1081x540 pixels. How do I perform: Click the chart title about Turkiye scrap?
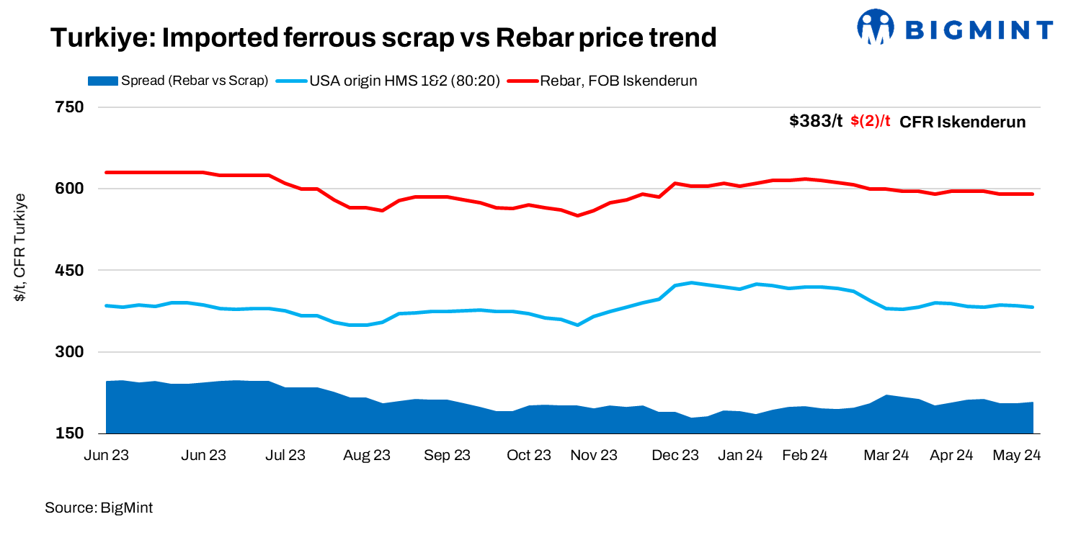(x=383, y=37)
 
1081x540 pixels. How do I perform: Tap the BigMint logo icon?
(x=875, y=27)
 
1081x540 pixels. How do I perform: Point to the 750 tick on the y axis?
(x=70, y=107)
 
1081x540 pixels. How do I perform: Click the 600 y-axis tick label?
(x=70, y=189)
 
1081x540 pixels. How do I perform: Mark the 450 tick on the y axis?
(x=70, y=271)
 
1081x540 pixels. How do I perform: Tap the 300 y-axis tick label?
(x=70, y=352)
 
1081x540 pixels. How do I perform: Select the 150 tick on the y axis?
(x=70, y=433)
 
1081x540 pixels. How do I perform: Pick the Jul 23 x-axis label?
(x=285, y=455)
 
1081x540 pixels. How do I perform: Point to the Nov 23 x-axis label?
(x=594, y=455)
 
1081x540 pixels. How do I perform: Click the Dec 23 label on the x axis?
(x=675, y=455)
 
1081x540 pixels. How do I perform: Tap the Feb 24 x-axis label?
(x=804, y=455)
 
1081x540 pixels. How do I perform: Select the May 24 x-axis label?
(x=1016, y=455)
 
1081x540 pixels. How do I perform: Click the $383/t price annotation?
(x=816, y=121)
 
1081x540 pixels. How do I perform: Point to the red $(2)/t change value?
(x=871, y=121)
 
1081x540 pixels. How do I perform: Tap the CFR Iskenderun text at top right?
(x=963, y=122)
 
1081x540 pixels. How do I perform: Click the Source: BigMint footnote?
(x=99, y=508)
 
